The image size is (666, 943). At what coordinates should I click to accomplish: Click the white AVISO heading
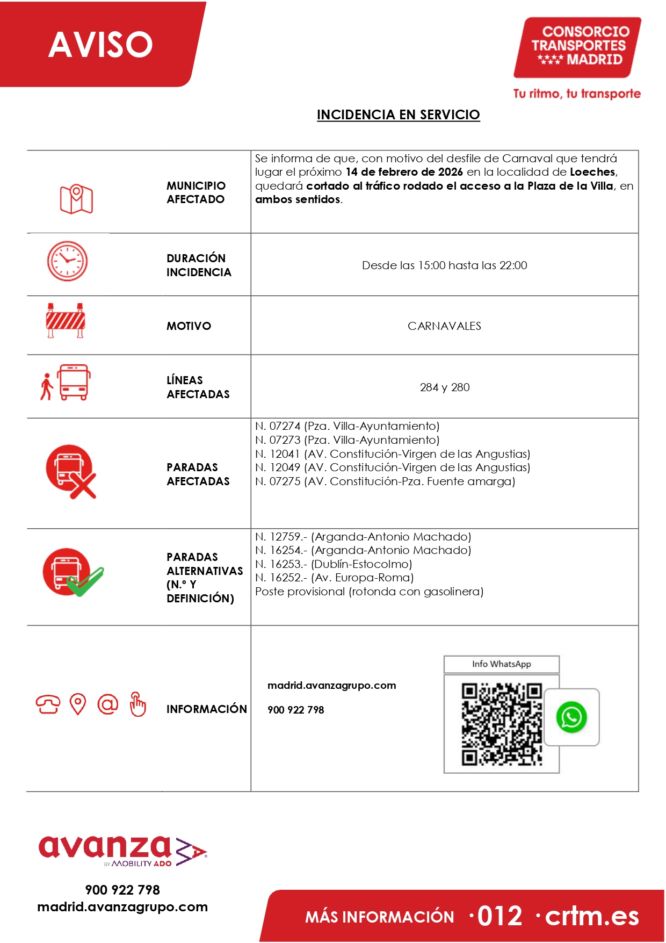(x=100, y=44)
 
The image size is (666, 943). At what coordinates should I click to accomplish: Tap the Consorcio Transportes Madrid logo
(x=577, y=47)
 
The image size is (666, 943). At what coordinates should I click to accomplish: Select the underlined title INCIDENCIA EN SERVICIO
(x=398, y=115)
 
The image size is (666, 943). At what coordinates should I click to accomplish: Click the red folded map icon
(x=76, y=199)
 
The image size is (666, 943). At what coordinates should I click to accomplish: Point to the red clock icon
(x=67, y=261)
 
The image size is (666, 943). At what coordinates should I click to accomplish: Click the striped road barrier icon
(x=66, y=320)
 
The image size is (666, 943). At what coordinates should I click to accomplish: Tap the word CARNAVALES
(x=444, y=326)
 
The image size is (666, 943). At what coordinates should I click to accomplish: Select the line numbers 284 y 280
(x=444, y=387)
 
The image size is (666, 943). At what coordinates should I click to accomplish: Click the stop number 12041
(x=285, y=454)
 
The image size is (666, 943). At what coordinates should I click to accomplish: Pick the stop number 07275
(x=285, y=481)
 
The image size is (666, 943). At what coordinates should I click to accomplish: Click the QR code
(x=502, y=724)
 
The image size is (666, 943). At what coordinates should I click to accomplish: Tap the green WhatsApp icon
(x=571, y=717)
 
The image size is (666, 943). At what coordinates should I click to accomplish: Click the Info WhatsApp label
(x=501, y=664)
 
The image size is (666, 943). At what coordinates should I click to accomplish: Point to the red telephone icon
(x=48, y=704)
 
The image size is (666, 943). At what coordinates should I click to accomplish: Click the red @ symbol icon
(x=107, y=704)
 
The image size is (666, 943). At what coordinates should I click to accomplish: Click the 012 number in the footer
(x=499, y=916)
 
